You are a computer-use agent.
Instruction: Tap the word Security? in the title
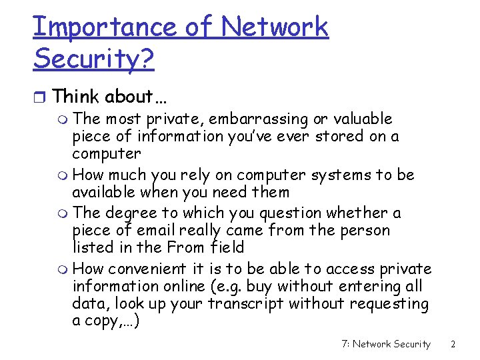[x=94, y=59]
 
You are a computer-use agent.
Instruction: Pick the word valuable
[x=361, y=119]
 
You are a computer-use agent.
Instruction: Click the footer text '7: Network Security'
[x=385, y=344]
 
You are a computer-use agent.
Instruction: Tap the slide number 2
[x=453, y=344]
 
